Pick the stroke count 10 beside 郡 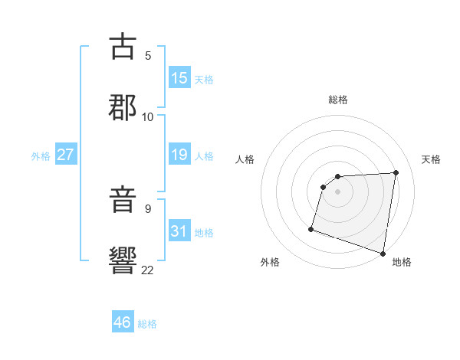(x=148, y=116)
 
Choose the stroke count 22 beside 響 (x=148, y=269)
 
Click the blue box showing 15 (x=179, y=78)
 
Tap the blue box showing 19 (x=179, y=155)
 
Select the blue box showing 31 (x=179, y=231)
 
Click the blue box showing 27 (x=65, y=155)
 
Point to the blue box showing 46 (x=122, y=322)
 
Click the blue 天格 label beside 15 (x=204, y=80)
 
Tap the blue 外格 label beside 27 (x=41, y=156)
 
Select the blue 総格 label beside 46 (x=147, y=324)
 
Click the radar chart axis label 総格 (x=338, y=100)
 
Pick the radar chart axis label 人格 (x=245, y=159)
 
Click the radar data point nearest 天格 (x=396, y=172)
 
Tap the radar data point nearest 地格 (x=383, y=253)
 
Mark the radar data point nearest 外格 (x=311, y=228)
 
